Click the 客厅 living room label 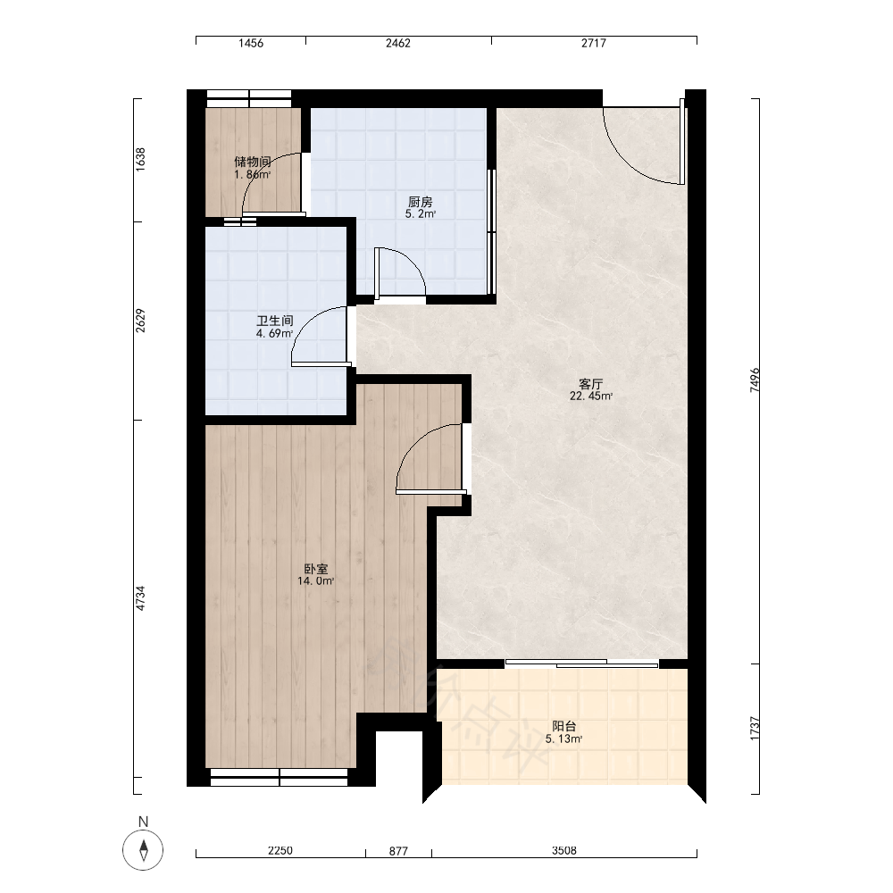590,384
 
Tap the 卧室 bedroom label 316,569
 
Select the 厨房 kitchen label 421,202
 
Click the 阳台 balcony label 563,727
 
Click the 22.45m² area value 591,396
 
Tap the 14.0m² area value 315,581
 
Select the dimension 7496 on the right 755,380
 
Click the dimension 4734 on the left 140,598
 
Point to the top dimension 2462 398,43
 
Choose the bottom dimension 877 398,851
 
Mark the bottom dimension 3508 563,850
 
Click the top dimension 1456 251,43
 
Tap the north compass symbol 143,850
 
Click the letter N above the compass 143,822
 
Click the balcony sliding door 581,663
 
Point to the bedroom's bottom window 279,778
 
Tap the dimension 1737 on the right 755,729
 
